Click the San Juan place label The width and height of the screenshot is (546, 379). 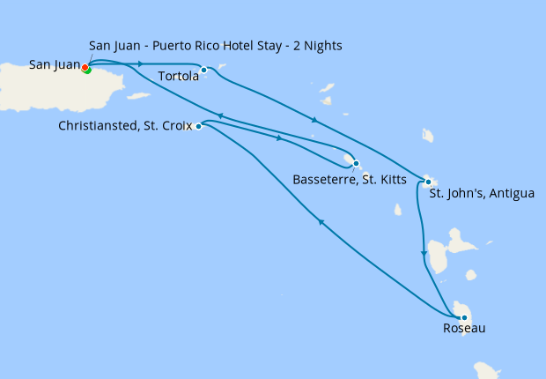[x=54, y=64]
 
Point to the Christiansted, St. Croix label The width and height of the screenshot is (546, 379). [x=125, y=126]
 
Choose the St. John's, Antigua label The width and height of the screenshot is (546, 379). [x=481, y=193]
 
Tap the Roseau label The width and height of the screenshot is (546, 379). [x=464, y=329]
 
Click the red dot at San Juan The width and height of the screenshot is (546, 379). [x=85, y=67]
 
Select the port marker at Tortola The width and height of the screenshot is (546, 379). [x=203, y=70]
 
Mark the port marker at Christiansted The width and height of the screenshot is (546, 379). [x=198, y=126]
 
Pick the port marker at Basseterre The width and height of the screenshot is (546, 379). [x=355, y=163]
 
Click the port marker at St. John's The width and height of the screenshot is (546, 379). [x=428, y=182]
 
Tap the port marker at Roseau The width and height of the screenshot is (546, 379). [x=463, y=317]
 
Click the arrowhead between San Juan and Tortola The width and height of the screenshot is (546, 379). [x=141, y=63]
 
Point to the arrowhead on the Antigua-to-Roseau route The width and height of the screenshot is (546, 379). [x=424, y=254]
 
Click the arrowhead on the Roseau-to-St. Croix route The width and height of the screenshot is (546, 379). [x=321, y=224]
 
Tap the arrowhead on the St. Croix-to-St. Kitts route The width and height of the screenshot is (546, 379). [x=280, y=138]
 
